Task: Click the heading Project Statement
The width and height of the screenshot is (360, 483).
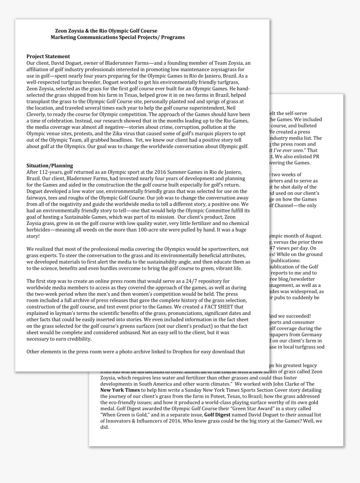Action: pyautogui.click(x=48, y=56)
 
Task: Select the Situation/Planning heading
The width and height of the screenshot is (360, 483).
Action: pyautogui.click(x=49, y=166)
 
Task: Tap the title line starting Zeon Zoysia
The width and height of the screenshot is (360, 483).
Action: pyautogui.click(x=106, y=31)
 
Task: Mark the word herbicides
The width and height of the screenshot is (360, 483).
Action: pyautogui.click(x=40, y=230)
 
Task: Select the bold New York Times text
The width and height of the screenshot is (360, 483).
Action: pyautogui.click(x=120, y=390)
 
